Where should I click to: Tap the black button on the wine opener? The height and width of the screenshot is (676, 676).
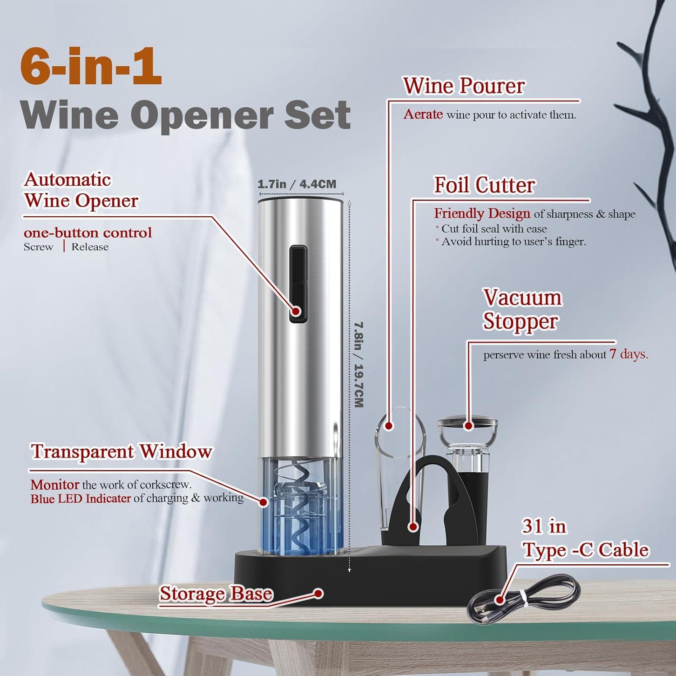[x=298, y=284]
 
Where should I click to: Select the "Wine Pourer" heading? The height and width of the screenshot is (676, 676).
[x=464, y=86]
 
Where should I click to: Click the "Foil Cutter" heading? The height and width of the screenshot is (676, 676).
[x=484, y=185]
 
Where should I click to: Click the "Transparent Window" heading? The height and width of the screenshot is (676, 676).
[x=121, y=452]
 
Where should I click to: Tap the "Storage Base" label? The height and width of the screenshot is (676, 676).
[x=216, y=594]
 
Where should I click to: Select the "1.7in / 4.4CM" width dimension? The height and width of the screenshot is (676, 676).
[x=297, y=184]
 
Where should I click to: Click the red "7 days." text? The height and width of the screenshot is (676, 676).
[x=629, y=354]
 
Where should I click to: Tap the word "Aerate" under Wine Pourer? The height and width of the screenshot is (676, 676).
[x=423, y=114]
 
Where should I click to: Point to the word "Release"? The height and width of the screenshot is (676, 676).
[x=90, y=247]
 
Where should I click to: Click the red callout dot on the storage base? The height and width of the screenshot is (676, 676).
[x=319, y=594]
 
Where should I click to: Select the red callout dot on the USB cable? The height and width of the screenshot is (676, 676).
[x=499, y=599]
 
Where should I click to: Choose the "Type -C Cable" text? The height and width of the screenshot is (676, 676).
[x=585, y=550]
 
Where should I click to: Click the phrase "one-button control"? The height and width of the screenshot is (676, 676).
[x=88, y=233]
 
